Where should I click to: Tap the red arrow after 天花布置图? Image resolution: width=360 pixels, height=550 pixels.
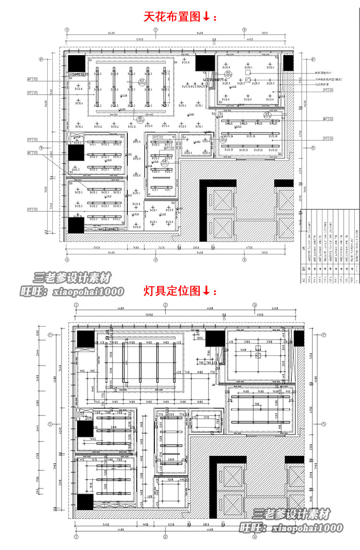[x=206, y=17]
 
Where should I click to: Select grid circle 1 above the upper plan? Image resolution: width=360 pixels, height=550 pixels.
[x=67, y=29]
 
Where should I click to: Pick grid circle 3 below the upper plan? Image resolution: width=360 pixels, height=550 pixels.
[x=244, y=260]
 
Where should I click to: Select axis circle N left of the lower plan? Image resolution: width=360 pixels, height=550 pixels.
[x=50, y=424]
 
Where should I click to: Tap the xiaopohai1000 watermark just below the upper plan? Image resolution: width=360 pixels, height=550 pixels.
[x=72, y=291]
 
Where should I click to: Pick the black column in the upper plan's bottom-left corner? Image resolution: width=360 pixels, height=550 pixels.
[x=76, y=225]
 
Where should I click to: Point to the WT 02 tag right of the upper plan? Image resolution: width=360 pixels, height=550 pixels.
[x=328, y=119]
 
